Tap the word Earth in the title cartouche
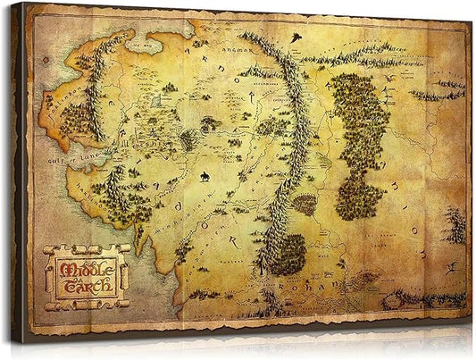(88, 287)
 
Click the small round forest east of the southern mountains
(305, 205)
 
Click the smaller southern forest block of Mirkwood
(357, 195)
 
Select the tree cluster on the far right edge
(456, 223)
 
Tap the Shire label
(147, 142)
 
